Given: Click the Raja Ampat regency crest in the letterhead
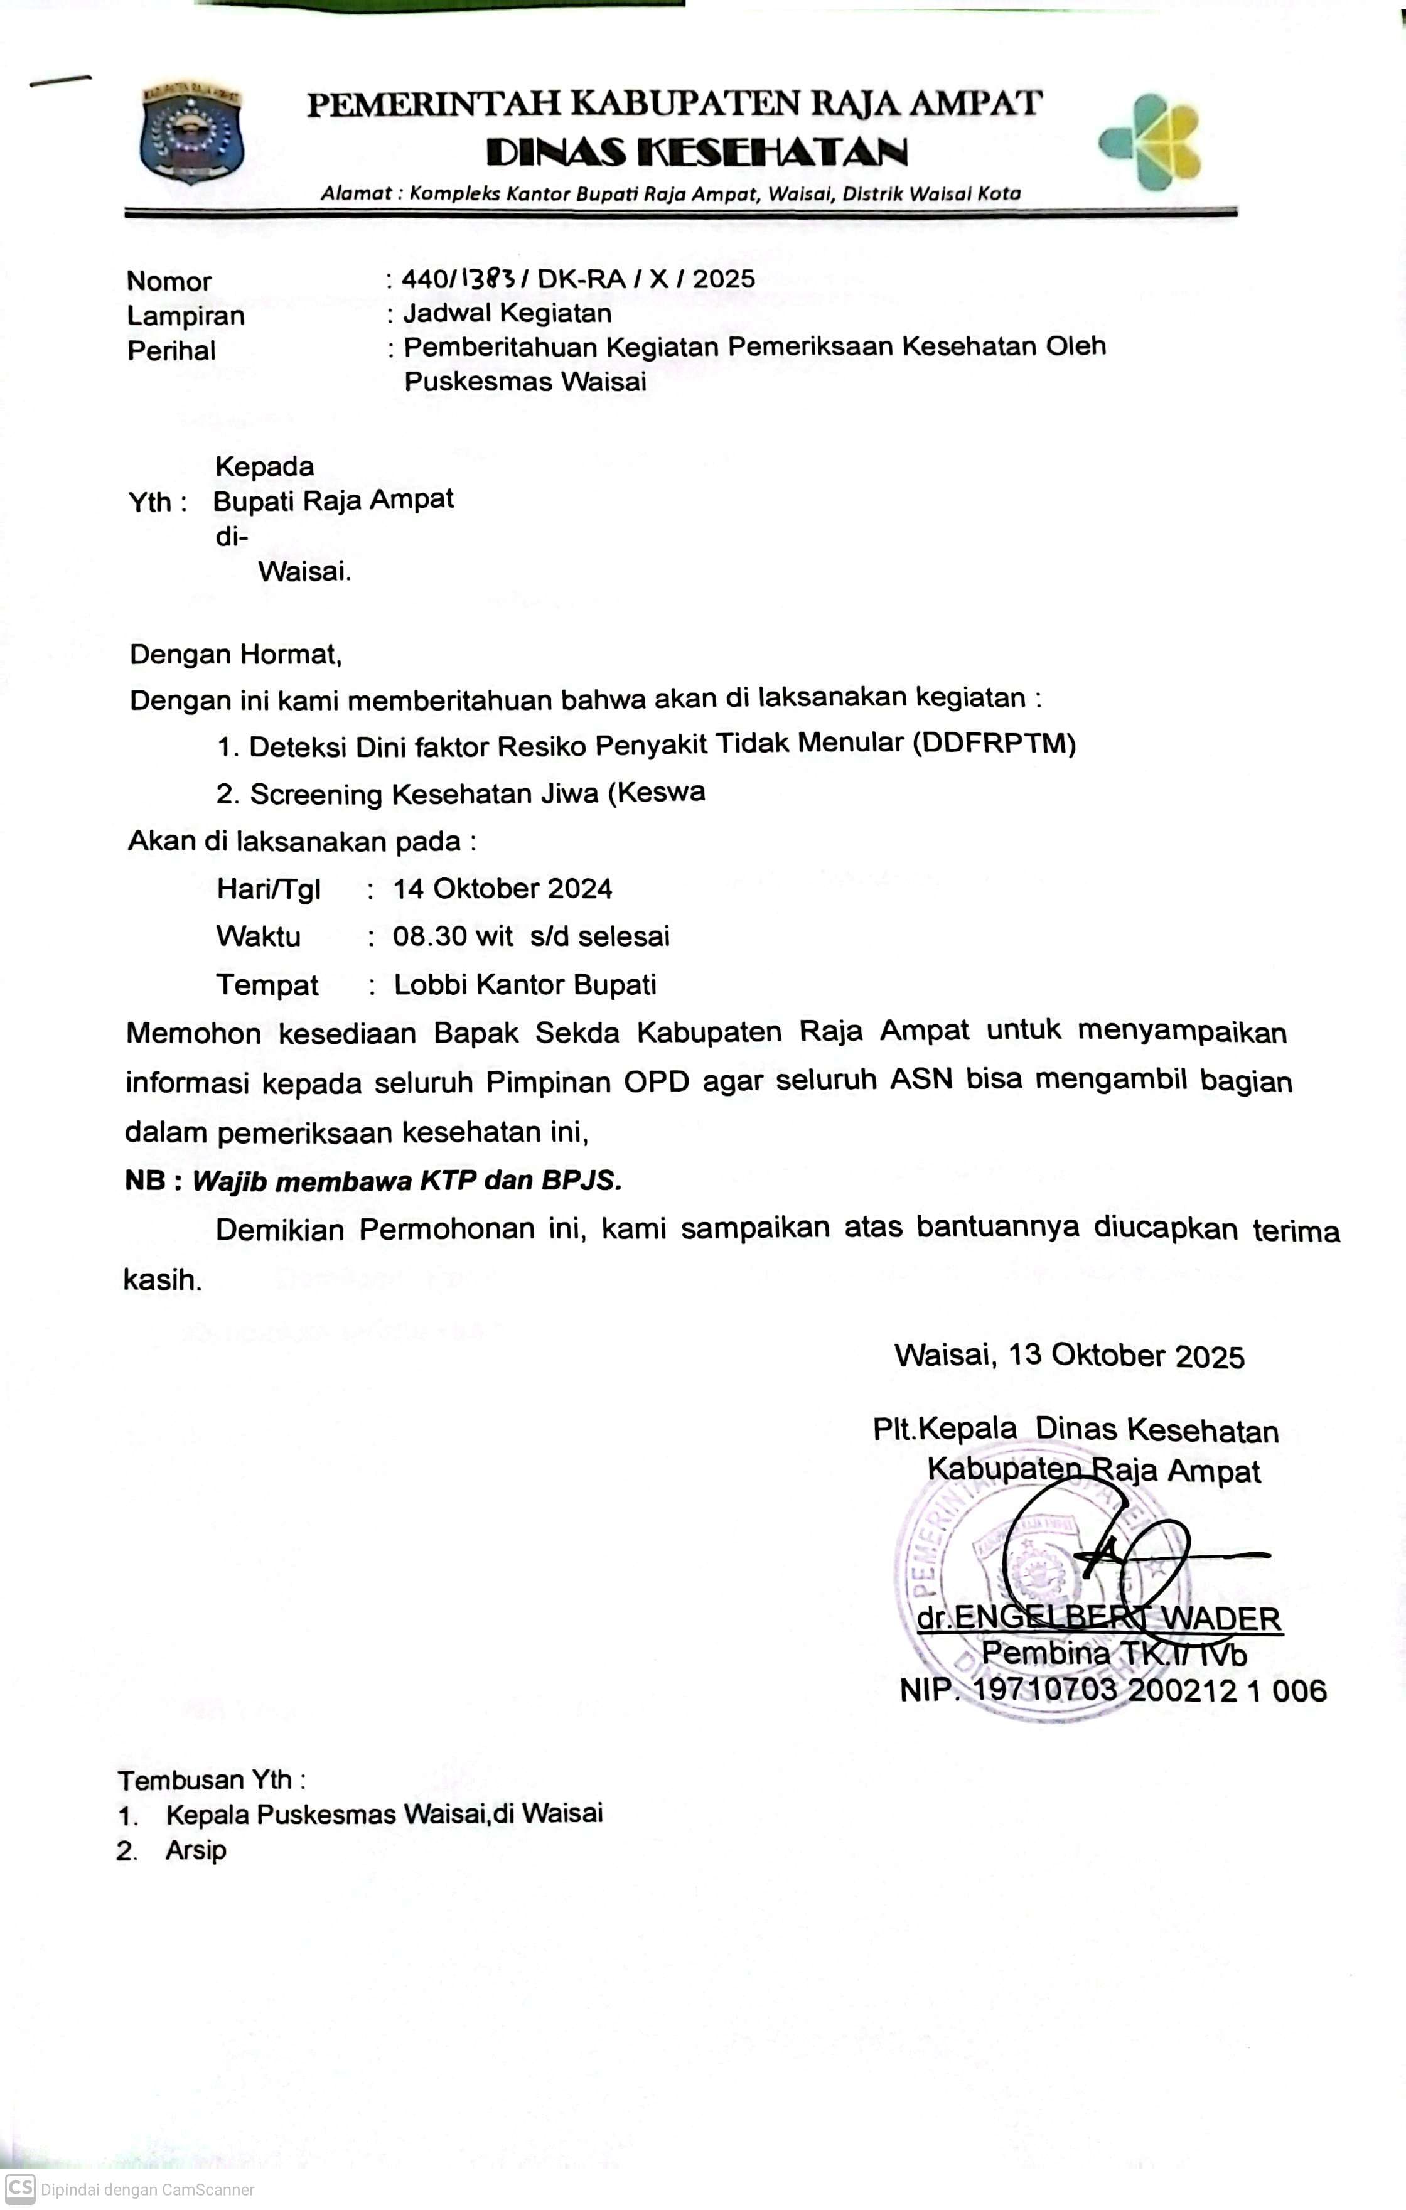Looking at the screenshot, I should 191,132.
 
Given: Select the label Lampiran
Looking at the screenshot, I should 185,316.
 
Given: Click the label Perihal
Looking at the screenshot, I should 171,351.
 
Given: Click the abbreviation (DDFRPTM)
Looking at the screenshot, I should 994,743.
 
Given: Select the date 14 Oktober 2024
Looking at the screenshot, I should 502,888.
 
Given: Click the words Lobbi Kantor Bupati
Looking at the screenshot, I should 525,985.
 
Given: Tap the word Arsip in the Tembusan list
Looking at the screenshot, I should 195,1850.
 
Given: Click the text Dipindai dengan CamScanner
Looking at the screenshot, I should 147,2190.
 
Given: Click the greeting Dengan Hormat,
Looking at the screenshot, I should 236,655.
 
